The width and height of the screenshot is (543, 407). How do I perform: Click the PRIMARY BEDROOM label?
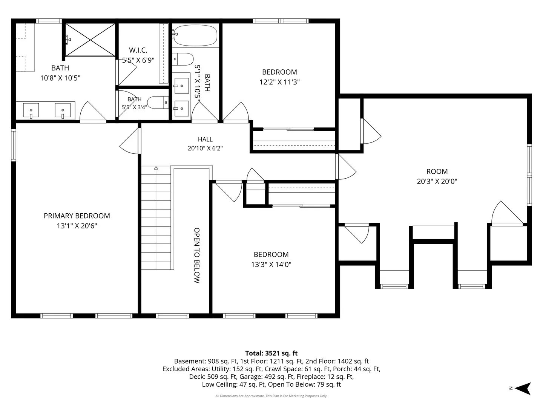[x=77, y=216]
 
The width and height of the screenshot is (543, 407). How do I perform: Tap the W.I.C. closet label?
[x=138, y=50]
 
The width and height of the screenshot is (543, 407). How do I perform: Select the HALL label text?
[x=205, y=139]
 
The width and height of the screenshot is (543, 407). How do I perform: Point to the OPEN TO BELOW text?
[x=197, y=255]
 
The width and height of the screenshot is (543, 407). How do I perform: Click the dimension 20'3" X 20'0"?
[x=437, y=181]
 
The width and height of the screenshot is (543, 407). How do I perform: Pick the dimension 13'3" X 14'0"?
[x=271, y=265]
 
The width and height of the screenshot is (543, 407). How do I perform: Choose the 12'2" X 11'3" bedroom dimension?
[x=279, y=82]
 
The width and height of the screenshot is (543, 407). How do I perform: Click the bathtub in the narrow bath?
[x=195, y=35]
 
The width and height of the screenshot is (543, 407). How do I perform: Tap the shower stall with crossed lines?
[x=90, y=40]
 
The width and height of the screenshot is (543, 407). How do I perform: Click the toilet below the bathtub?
[x=183, y=59]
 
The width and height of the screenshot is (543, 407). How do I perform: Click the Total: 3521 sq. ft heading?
[x=271, y=353]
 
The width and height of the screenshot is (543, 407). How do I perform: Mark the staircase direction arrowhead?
[x=156, y=168]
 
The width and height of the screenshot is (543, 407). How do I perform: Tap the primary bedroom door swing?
[x=129, y=141]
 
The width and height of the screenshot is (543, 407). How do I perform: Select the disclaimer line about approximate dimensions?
[x=271, y=396]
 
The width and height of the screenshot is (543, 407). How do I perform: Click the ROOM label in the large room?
[x=437, y=171]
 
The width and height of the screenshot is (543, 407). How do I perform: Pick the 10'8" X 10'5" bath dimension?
[x=60, y=78]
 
